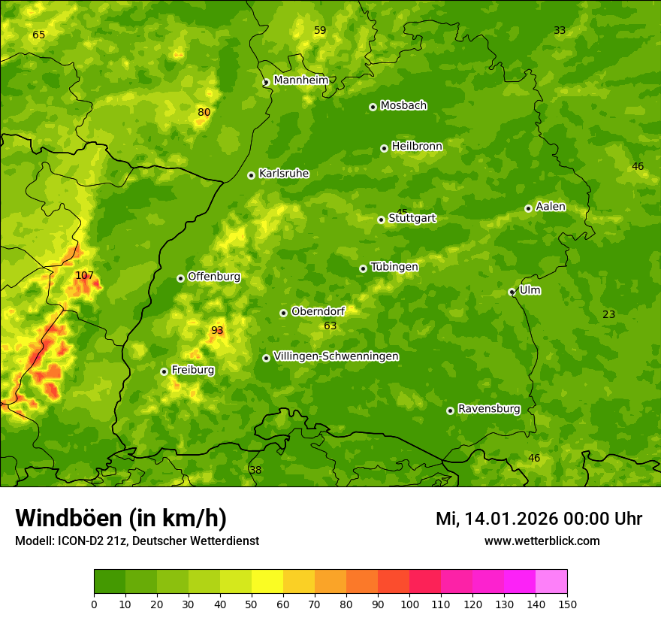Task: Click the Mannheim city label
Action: coord(301,80)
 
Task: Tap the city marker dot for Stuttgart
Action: coord(381,220)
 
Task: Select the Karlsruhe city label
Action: coord(284,174)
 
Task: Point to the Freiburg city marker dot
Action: coord(164,371)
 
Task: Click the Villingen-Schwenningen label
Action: coord(336,356)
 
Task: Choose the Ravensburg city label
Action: coord(489,409)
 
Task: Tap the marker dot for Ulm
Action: coord(512,292)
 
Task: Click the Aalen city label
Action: coord(551,207)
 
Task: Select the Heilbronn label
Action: coord(417,146)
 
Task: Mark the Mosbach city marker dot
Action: coord(373,107)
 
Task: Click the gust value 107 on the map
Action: coord(84,275)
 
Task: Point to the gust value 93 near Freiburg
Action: coord(217,330)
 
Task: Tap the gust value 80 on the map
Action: coord(204,113)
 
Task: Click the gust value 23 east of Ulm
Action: coord(608,314)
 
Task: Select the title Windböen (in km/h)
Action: coord(120,518)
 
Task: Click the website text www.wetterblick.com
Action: coord(542,541)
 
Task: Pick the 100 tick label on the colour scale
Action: coord(409,604)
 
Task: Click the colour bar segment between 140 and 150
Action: coord(551,582)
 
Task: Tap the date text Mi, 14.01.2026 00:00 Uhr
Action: coord(539,519)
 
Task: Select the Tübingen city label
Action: coord(394,267)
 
